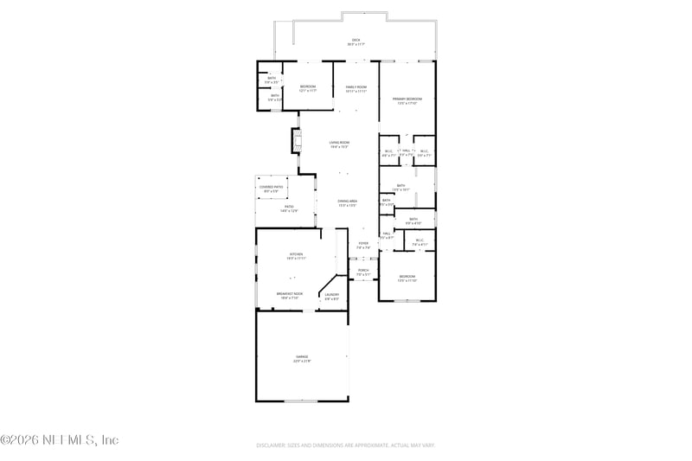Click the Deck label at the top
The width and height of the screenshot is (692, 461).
point(355,42)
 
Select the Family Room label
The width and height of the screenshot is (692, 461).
point(356,88)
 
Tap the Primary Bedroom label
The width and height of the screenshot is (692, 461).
point(407,101)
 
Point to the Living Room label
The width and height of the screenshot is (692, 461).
point(339,144)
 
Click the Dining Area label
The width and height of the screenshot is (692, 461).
point(348,202)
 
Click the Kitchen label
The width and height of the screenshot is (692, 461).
point(296,256)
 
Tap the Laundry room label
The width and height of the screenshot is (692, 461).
point(331,296)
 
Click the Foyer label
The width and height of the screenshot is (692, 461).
point(363,246)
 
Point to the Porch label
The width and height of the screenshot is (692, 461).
point(363,272)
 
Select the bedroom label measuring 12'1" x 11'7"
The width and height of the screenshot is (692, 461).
point(308,88)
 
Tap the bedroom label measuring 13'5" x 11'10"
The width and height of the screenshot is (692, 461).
point(407,279)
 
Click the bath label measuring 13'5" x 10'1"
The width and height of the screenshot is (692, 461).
point(401,187)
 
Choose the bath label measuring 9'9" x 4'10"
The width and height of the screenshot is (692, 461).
point(413,221)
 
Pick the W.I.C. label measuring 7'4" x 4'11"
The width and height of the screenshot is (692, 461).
point(420,242)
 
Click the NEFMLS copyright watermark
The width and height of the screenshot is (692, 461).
point(59,439)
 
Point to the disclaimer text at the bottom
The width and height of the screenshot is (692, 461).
point(345,445)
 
